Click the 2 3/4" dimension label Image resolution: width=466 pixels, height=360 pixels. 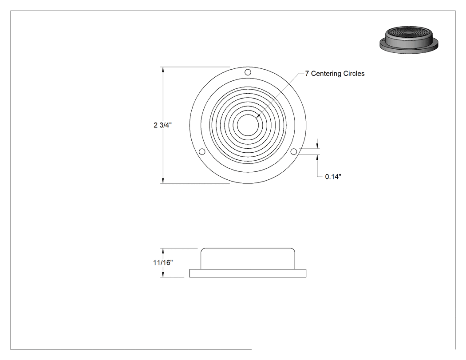click(x=162, y=125)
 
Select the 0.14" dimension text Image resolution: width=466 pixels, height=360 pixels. click(x=333, y=177)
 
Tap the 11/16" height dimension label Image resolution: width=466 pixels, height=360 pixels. click(x=163, y=262)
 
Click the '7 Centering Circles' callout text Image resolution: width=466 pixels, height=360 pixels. click(x=335, y=73)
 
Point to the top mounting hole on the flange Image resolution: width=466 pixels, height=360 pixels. click(x=248, y=72)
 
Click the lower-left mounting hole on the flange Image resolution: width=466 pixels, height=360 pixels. click(x=202, y=152)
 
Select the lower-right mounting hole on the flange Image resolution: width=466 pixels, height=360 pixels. click(x=294, y=152)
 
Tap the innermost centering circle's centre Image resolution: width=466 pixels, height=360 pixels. click(x=248, y=125)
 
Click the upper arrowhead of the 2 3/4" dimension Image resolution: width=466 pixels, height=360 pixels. click(x=162, y=70)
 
